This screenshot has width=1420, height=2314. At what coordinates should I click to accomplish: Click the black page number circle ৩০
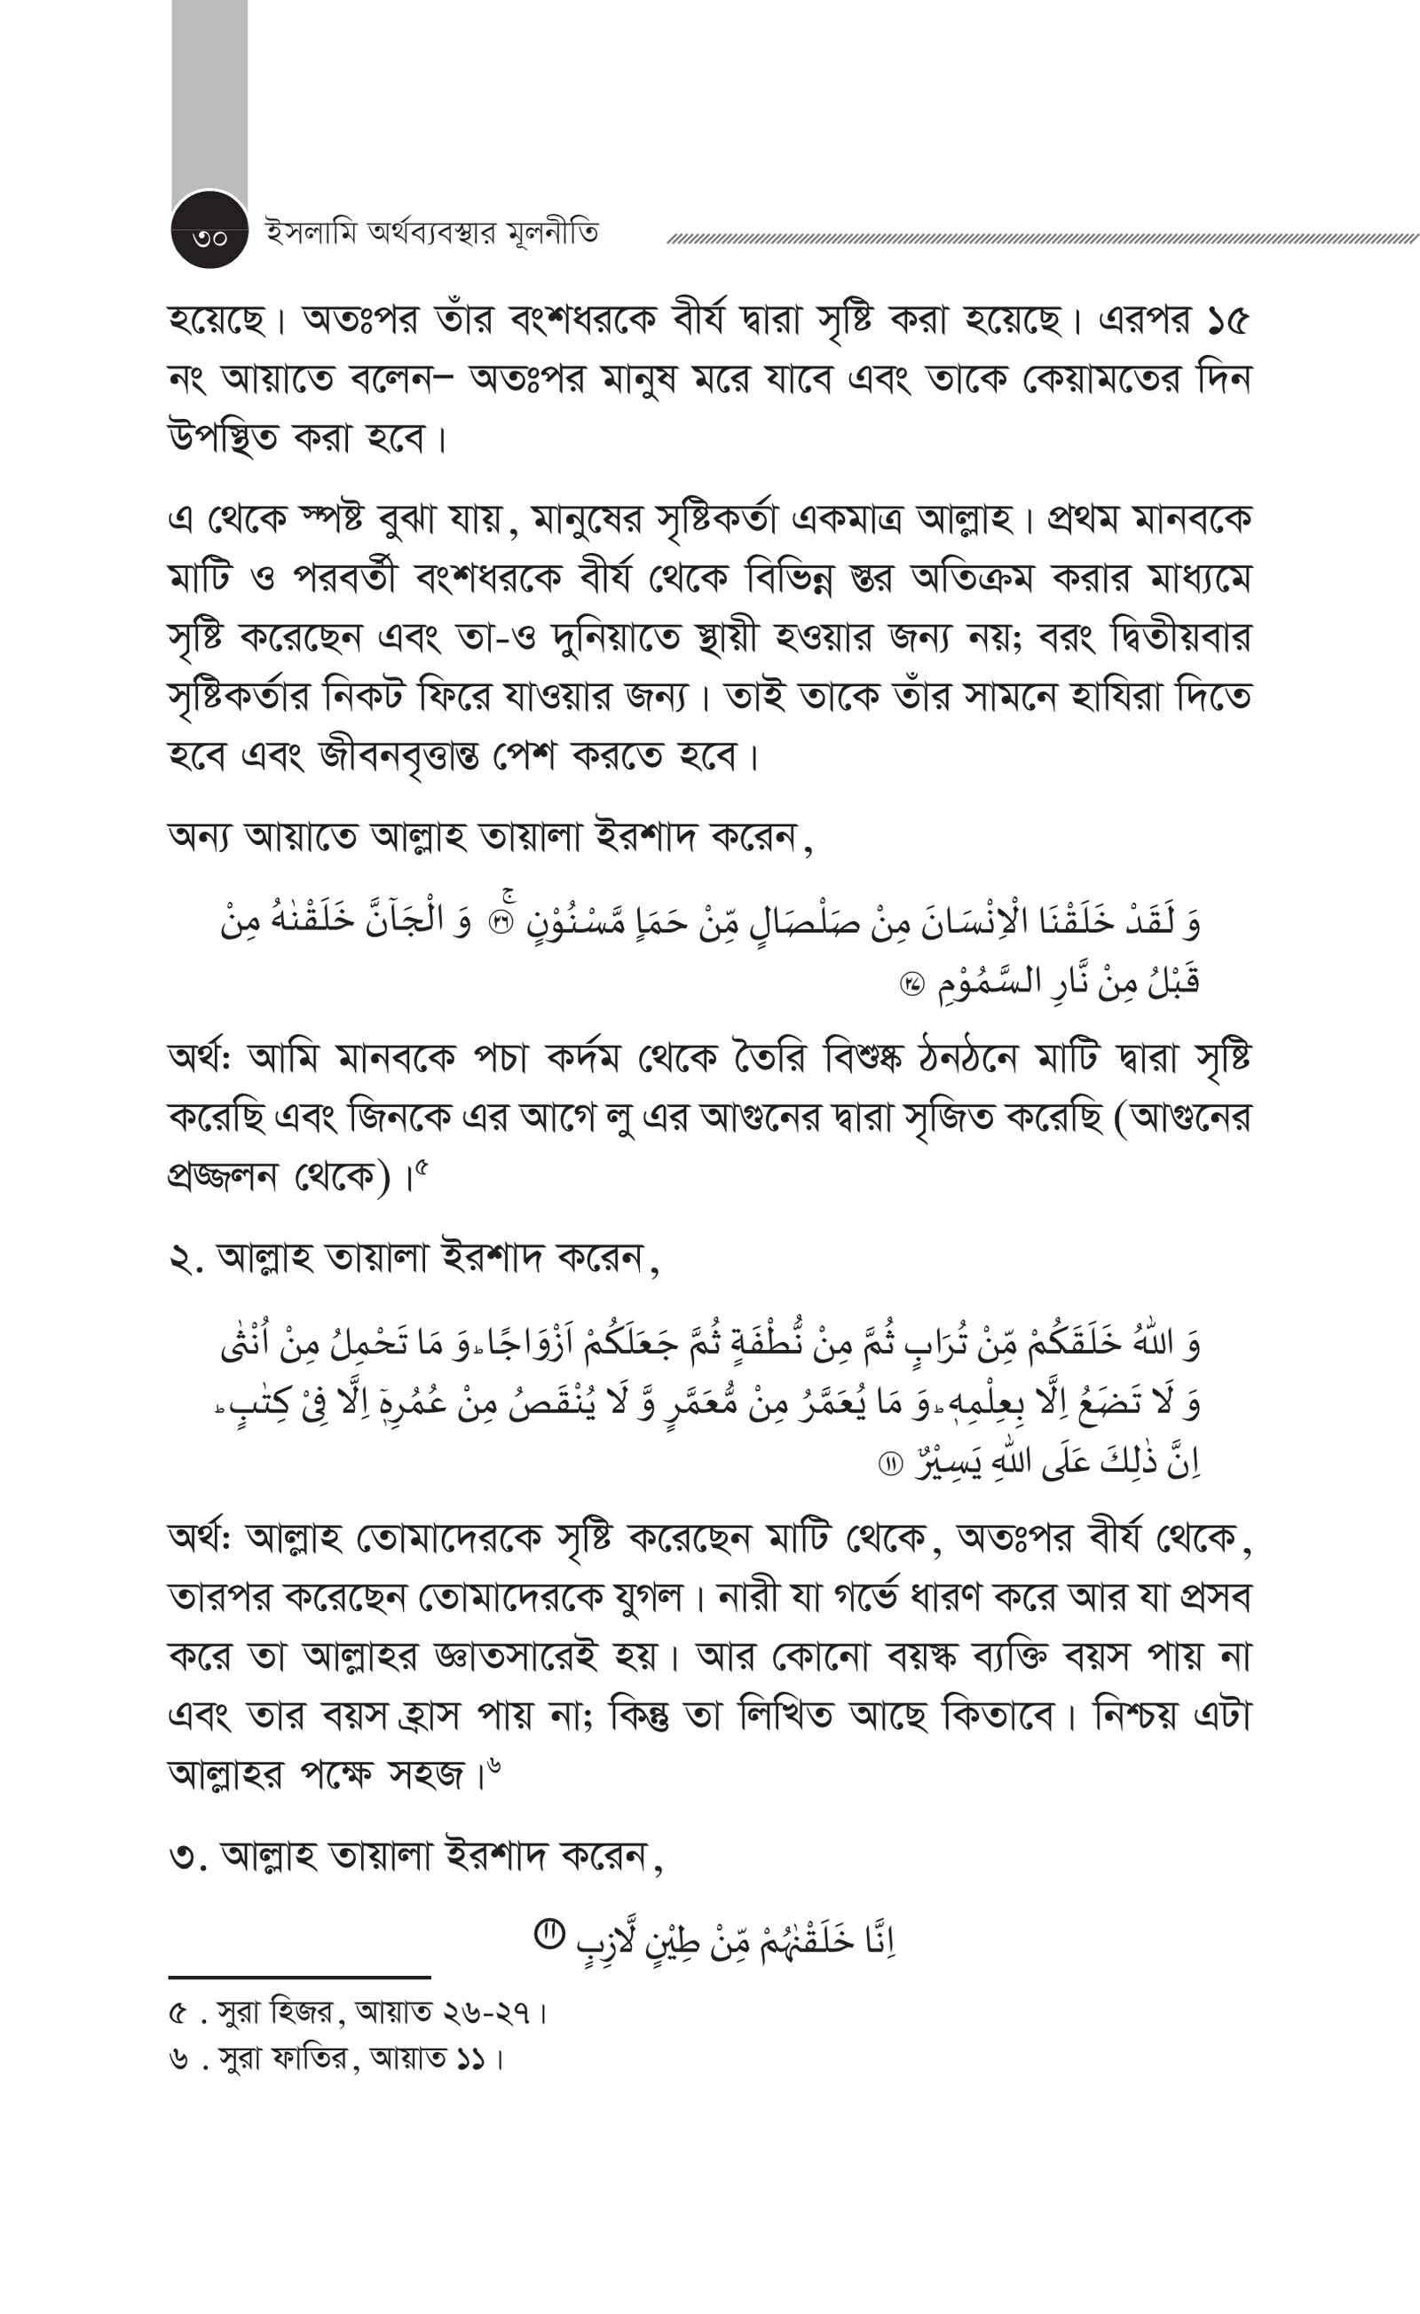tap(209, 235)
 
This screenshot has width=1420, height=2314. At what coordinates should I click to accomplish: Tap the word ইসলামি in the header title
tap(303, 232)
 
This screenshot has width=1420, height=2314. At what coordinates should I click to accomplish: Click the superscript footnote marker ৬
tap(495, 1766)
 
